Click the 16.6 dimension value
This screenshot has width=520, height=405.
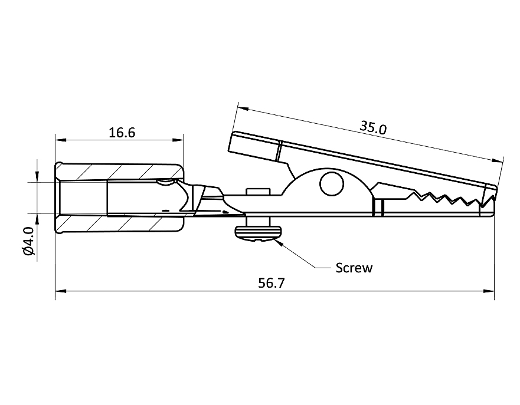tap(122, 133)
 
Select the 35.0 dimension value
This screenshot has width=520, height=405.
tap(373, 127)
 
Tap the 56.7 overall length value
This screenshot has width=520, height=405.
tap(272, 283)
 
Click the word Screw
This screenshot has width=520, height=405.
tap(354, 268)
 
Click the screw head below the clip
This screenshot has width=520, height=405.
tap(258, 233)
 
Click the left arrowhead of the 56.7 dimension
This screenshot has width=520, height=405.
tap(60, 291)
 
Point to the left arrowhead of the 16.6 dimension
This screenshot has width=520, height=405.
tap(59, 140)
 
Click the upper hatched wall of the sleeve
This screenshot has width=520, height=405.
tap(118, 172)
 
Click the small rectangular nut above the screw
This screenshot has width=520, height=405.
tap(257, 190)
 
